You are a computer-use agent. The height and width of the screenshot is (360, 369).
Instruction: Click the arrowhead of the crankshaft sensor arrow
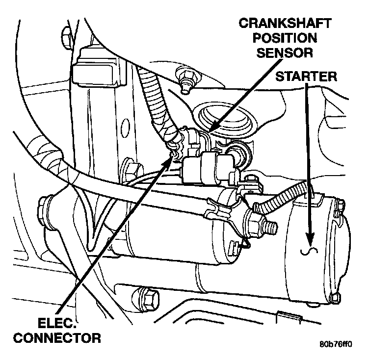(211, 131)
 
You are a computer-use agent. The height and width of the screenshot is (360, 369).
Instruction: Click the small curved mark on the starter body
(310, 252)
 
